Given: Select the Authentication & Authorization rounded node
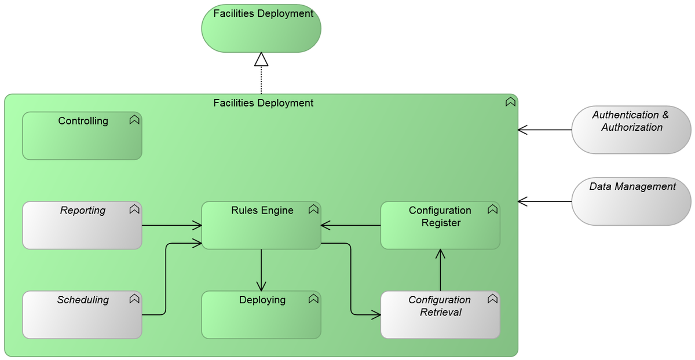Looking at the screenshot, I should (631, 130).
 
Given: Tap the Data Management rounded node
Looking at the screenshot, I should (631, 201).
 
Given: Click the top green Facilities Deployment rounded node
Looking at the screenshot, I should (261, 29).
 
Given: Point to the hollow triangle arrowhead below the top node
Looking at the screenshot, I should (261, 59).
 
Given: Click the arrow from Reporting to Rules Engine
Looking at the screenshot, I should (171, 225).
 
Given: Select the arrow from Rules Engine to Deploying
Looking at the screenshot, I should (261, 270).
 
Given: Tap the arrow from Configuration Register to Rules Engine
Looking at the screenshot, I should (350, 225).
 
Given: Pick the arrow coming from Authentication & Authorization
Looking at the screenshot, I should (544, 130).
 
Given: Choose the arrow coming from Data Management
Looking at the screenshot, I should (544, 201).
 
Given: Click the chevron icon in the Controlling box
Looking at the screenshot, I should (134, 120).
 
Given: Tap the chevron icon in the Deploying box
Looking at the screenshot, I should (313, 299).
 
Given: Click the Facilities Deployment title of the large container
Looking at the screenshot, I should (263, 103).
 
